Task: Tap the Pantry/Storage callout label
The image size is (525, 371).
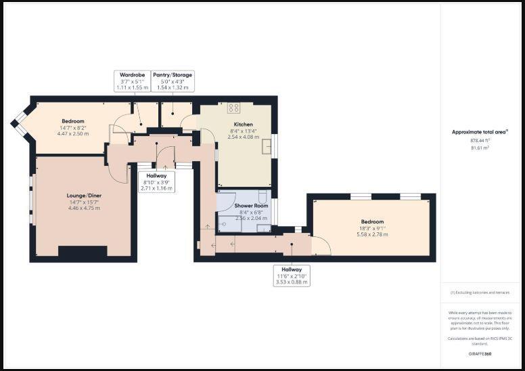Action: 173,81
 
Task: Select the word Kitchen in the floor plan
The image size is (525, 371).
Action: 243,125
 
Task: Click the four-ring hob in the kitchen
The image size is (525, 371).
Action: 234,108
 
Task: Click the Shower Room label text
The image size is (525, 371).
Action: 251,206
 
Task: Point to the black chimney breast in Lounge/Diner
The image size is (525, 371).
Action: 82,252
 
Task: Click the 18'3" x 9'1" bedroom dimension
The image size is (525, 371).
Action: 371,228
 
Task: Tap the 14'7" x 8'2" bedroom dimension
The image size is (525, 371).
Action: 72,127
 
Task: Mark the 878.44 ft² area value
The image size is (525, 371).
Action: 480,140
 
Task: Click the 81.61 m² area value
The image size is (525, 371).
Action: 480,147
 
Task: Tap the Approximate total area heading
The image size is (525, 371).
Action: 480,132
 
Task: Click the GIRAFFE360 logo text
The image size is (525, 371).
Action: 480,353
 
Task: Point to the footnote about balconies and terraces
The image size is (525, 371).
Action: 480,292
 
